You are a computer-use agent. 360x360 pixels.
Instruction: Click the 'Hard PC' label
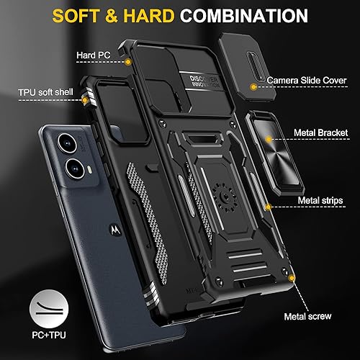93,55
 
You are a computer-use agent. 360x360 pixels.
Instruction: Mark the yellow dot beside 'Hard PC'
127,63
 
